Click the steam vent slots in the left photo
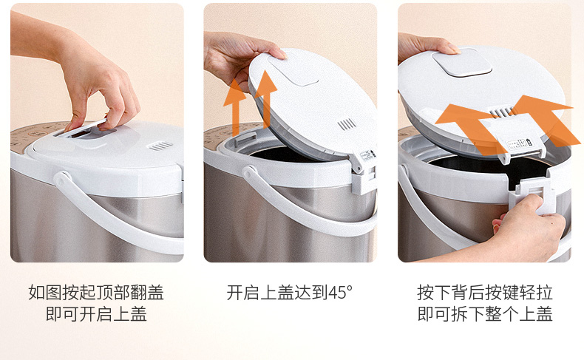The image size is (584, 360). point(160,146)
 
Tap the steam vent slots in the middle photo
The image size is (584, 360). point(347,125)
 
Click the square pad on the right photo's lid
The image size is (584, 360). point(462,63)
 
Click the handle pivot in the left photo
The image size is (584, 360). point(63,178)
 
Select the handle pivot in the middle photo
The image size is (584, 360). point(251,173)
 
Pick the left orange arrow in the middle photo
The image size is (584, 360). point(235,107)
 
